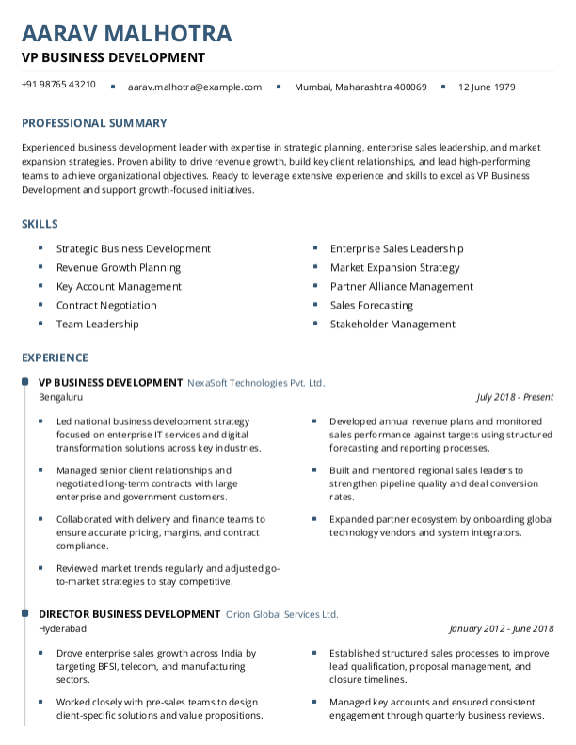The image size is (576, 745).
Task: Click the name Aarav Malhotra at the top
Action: [x=126, y=34]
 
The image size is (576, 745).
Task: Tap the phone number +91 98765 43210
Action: [x=58, y=85]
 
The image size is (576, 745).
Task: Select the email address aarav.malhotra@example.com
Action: [x=195, y=87]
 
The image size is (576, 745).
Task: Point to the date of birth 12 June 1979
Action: [x=487, y=87]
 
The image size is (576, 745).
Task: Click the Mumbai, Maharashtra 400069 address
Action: [x=360, y=87]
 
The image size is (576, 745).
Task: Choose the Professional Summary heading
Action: [x=94, y=123]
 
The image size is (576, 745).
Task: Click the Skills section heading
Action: [x=40, y=224]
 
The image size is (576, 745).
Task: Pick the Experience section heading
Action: [x=55, y=357]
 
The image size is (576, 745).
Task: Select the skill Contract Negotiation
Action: [x=106, y=306]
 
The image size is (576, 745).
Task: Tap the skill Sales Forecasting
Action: [x=372, y=306]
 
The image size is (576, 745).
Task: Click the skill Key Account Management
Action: [x=119, y=287]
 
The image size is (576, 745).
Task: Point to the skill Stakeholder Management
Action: [x=392, y=325]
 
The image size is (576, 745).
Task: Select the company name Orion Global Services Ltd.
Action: [x=281, y=614]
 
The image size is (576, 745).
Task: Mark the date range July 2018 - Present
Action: [x=515, y=397]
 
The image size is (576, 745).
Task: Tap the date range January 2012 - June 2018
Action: [x=502, y=628]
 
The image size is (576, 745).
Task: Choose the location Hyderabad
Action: [x=62, y=628]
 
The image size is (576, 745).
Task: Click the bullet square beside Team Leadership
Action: [x=40, y=324]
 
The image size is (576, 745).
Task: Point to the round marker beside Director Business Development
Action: [x=24, y=613]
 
